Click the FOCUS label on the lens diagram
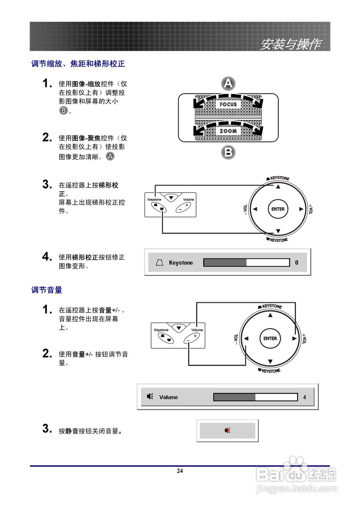(228, 105)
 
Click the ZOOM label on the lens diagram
(228, 131)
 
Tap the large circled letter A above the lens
(228, 84)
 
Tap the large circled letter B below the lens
(228, 152)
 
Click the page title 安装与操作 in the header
(290, 45)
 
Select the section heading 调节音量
(47, 290)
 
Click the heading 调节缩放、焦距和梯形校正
(78, 64)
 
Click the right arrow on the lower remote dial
(294, 338)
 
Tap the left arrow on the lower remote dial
(246, 338)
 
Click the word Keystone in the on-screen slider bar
(181, 263)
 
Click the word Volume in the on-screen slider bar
(168, 397)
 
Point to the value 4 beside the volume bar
(305, 397)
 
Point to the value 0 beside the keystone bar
(297, 263)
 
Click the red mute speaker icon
(227, 430)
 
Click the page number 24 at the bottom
(180, 471)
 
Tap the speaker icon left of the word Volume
(150, 396)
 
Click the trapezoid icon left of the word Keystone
(160, 263)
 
